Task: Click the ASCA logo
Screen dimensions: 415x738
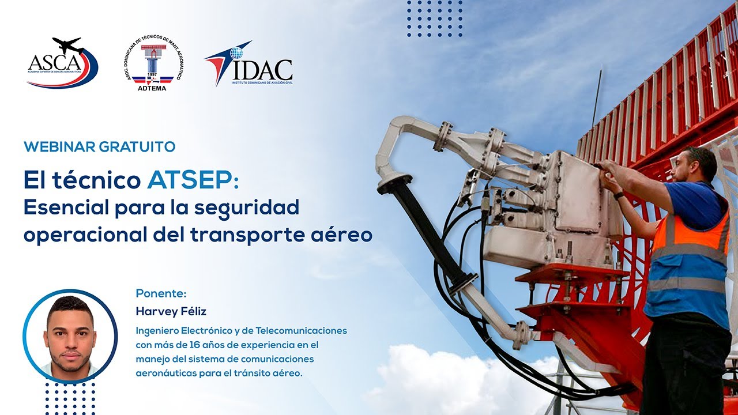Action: (x=62, y=63)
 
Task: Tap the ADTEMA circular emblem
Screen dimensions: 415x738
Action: (x=153, y=63)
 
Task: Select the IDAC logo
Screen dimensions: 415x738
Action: (x=248, y=64)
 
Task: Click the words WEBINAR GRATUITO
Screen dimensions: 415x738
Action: (x=99, y=147)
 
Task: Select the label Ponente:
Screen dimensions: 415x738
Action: (x=161, y=293)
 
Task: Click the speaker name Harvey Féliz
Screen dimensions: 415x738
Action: (x=171, y=311)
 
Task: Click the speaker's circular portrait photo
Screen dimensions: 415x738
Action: (x=70, y=335)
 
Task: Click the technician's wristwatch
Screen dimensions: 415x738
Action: (x=619, y=195)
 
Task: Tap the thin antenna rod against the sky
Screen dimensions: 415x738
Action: (x=596, y=99)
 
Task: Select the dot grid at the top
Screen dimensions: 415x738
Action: (x=435, y=18)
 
